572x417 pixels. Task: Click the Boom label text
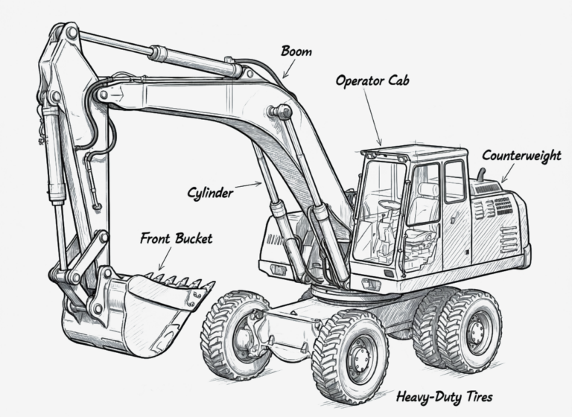click(x=296, y=51)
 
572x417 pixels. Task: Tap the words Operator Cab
click(x=372, y=80)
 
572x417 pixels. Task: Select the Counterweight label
click(x=521, y=156)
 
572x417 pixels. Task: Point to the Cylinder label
click(x=210, y=192)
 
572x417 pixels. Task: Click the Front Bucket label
click(x=177, y=238)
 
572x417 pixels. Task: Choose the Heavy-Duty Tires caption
click(x=445, y=397)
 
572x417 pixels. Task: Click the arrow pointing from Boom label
click(x=289, y=69)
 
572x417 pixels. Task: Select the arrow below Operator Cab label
click(x=372, y=117)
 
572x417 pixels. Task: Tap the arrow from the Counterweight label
click(x=508, y=173)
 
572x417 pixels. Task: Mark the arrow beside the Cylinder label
click(x=249, y=185)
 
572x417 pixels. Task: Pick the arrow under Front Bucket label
click(x=165, y=258)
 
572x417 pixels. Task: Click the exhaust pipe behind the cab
click(x=481, y=174)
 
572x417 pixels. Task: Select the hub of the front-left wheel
click(x=244, y=334)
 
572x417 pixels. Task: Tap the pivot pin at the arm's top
click(x=71, y=34)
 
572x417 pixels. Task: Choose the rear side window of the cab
click(x=455, y=181)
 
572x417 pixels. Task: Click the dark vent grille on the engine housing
click(x=503, y=206)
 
